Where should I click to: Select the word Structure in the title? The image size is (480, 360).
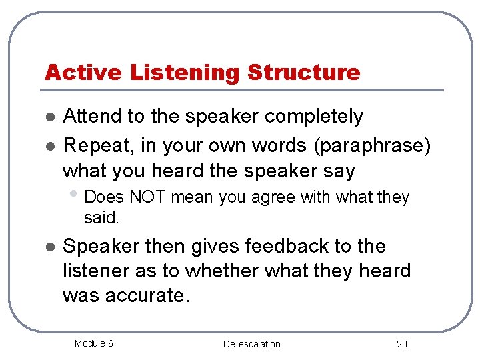(x=304, y=72)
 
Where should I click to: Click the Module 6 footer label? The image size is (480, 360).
(x=93, y=343)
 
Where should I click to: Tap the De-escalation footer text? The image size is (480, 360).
(x=252, y=344)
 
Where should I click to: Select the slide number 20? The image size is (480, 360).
(x=401, y=344)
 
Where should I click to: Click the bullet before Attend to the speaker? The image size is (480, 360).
(x=49, y=117)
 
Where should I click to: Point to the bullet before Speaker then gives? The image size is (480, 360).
(x=49, y=247)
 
